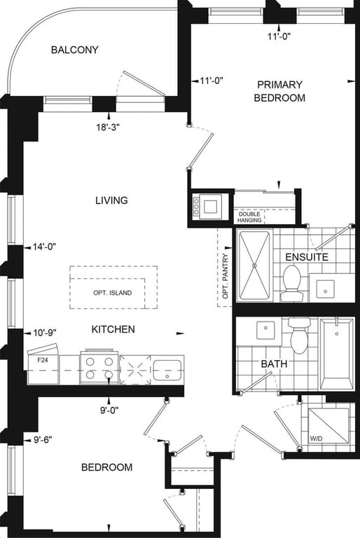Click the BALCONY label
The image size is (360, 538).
(x=74, y=50)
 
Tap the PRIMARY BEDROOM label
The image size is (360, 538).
(x=279, y=91)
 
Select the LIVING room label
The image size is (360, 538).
(x=111, y=200)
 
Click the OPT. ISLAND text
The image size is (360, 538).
(x=113, y=293)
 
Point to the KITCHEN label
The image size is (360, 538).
(x=113, y=329)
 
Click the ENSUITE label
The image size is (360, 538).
(x=307, y=257)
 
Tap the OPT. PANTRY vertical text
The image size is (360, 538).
(x=226, y=276)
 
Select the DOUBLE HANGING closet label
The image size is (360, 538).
(x=249, y=217)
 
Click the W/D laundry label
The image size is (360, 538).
(x=316, y=438)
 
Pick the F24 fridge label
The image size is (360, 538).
(x=42, y=360)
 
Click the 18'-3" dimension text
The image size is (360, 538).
(x=107, y=127)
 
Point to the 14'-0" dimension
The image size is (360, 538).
(x=44, y=247)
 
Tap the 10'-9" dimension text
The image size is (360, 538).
(x=45, y=333)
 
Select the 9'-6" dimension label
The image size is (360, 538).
(x=43, y=440)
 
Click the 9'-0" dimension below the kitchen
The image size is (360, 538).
(x=109, y=410)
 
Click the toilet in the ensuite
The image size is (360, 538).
(x=291, y=284)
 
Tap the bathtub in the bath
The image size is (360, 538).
(x=337, y=354)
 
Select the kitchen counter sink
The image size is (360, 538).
(x=167, y=370)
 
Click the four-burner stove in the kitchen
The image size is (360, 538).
(x=99, y=367)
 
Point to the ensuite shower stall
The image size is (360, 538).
(x=254, y=265)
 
